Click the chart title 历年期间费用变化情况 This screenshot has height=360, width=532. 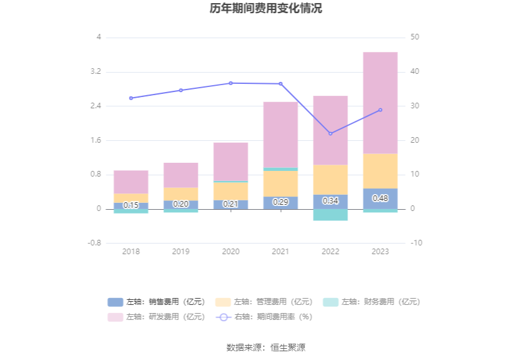266,9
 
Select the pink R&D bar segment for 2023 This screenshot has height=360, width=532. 381,103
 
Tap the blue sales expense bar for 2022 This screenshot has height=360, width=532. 330,202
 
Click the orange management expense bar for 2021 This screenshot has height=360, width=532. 280,183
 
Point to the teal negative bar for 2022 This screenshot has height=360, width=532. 330,215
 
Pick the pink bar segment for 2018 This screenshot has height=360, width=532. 131,182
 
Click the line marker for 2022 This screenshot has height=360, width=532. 330,134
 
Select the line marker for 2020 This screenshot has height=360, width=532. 230,83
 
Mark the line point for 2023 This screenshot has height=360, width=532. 381,110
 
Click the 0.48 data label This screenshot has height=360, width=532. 381,198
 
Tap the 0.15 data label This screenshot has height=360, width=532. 131,205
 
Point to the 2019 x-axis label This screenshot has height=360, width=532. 181,252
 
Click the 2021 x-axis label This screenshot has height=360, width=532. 280,252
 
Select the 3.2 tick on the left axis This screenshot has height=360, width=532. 96,72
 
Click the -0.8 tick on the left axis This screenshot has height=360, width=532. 94,243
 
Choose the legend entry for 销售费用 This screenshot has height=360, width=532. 156,302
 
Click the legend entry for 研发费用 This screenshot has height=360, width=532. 156,317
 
